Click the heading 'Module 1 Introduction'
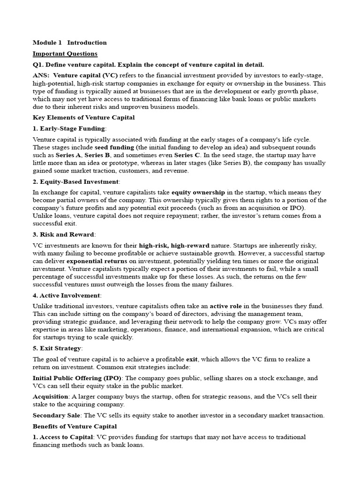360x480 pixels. click(x=69, y=43)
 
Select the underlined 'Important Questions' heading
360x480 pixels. click(x=65, y=54)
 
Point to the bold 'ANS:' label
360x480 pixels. click(x=41, y=75)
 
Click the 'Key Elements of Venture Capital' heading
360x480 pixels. click(x=83, y=118)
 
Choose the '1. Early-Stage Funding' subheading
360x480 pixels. click(x=69, y=128)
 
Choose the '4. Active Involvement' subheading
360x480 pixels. click(x=67, y=295)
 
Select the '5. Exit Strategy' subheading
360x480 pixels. click(x=57, y=348)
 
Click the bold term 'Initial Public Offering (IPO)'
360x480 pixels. click(x=77, y=378)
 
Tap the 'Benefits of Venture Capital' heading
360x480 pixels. click(x=75, y=427)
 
